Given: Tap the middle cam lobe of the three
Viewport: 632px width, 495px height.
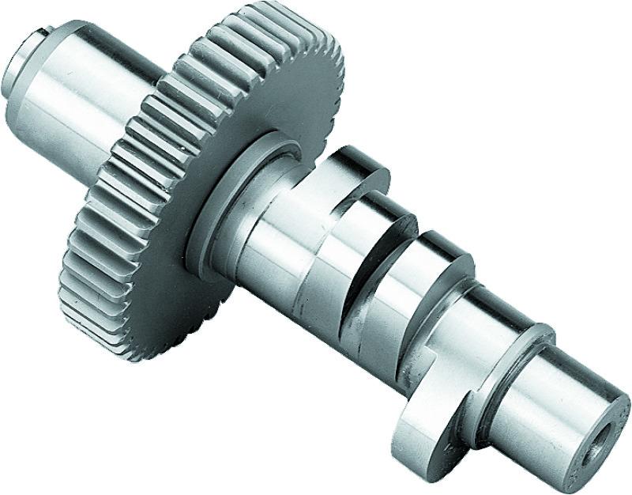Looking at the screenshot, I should [395, 261].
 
